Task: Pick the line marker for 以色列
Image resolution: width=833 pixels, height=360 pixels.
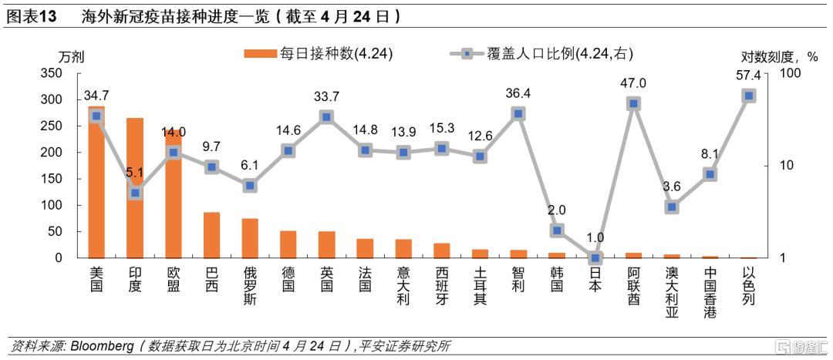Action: click(748, 96)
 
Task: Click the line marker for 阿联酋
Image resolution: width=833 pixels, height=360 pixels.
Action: click(633, 103)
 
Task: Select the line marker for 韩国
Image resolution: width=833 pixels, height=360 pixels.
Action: click(557, 230)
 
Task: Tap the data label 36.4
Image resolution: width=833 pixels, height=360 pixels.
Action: click(518, 93)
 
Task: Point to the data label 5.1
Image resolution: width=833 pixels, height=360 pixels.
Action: click(135, 173)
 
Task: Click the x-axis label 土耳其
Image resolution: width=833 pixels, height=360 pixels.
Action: click(480, 286)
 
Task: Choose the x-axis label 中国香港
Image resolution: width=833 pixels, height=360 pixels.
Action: click(710, 291)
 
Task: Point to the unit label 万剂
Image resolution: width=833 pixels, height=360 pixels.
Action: click(71, 56)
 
